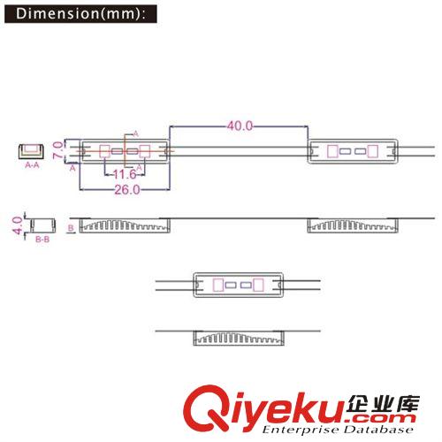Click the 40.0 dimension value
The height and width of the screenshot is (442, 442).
click(x=240, y=126)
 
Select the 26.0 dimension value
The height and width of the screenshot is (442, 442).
click(x=127, y=190)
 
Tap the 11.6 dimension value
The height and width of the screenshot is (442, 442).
click(x=125, y=174)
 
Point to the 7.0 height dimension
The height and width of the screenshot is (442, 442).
click(x=57, y=150)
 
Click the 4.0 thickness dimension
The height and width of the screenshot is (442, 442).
click(x=18, y=225)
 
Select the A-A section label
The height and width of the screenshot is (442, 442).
click(x=32, y=165)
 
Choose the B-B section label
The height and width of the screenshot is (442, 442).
click(x=42, y=240)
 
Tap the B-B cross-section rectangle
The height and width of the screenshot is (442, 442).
click(x=43, y=225)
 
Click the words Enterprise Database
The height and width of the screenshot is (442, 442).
click(x=338, y=430)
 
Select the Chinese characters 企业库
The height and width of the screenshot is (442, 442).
click(x=383, y=404)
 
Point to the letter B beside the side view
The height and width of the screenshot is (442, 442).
click(x=71, y=228)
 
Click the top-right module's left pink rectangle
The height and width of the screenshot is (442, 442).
click(x=332, y=151)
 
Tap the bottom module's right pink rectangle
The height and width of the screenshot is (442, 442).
click(x=258, y=285)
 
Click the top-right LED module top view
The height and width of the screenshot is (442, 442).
click(x=353, y=151)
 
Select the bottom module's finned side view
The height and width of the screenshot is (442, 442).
click(x=239, y=338)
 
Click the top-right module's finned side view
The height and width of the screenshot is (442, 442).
click(x=353, y=225)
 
